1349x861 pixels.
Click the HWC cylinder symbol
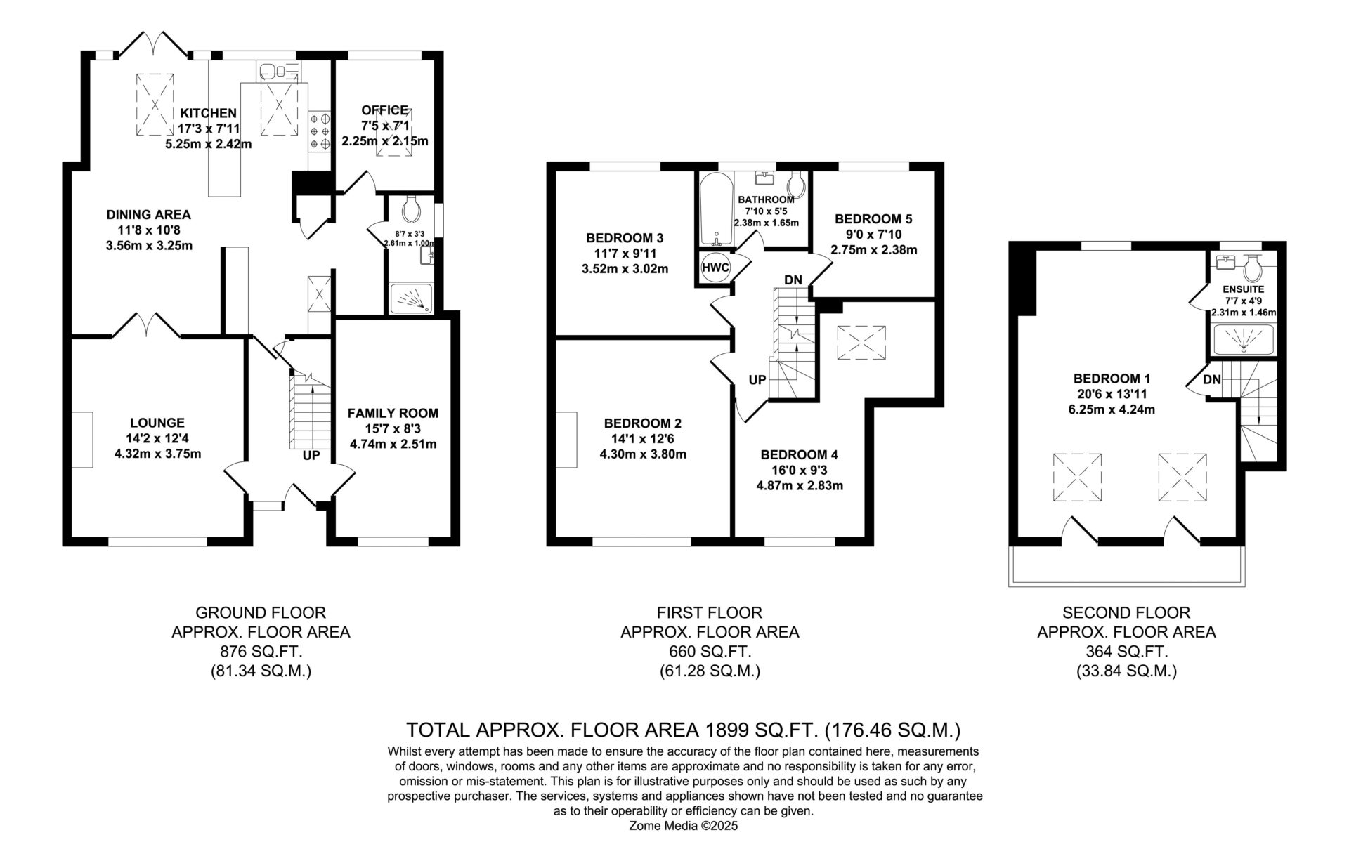tap(715, 268)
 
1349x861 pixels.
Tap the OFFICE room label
tap(384, 110)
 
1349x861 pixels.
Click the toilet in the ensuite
tap(1251, 266)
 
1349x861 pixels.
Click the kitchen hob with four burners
tap(320, 132)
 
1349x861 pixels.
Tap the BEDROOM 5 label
tap(873, 218)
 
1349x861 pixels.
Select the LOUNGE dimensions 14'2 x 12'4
tap(157, 438)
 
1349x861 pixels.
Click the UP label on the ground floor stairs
tap(311, 455)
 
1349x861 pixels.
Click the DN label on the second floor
tap(1212, 380)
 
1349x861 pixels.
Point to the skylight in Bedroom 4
tap(861, 343)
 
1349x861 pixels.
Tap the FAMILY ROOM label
tap(393, 413)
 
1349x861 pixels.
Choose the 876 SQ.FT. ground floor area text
tap(261, 652)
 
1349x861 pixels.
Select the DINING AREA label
tap(148, 215)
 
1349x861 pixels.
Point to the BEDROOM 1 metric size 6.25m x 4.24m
tap(1106, 409)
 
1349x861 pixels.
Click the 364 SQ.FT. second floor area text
tap(1126, 652)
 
